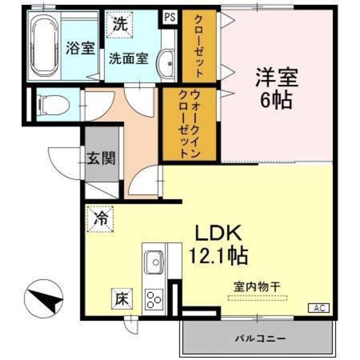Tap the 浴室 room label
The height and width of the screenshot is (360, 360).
pos(80,49)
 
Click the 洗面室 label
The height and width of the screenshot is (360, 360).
pos(128,58)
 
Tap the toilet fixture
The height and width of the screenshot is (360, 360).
pos(53,103)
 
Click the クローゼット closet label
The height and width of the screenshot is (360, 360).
pos(199,46)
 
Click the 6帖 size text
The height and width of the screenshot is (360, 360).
pos(276,101)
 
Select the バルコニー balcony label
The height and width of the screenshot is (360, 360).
pos(260,339)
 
